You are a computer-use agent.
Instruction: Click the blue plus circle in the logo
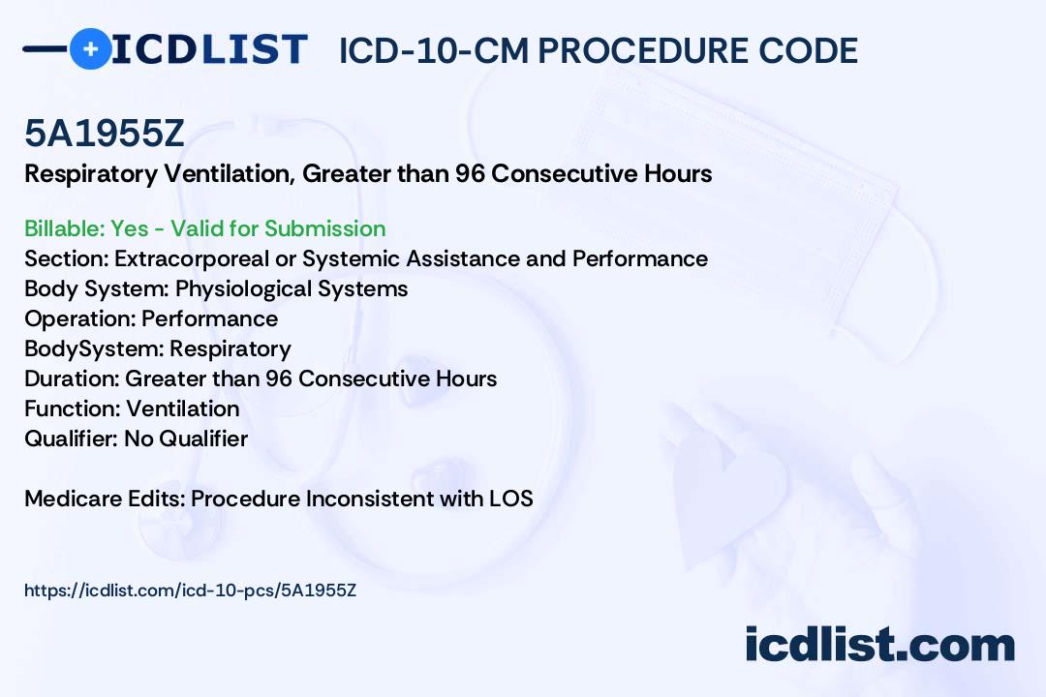point(90,48)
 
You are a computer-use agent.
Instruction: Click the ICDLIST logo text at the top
point(209,49)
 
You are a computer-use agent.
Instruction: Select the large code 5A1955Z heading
point(104,134)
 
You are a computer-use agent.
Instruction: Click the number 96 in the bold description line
point(471,174)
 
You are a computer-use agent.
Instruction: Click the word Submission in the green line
point(324,228)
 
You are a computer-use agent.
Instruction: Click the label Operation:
point(80,318)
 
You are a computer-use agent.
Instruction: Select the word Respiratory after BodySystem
point(231,348)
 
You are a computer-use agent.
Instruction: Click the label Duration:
point(72,379)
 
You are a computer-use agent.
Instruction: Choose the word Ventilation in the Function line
point(183,409)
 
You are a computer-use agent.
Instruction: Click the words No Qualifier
point(186,439)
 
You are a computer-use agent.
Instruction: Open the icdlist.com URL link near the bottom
point(190,591)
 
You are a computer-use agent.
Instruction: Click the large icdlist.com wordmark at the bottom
point(880,644)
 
